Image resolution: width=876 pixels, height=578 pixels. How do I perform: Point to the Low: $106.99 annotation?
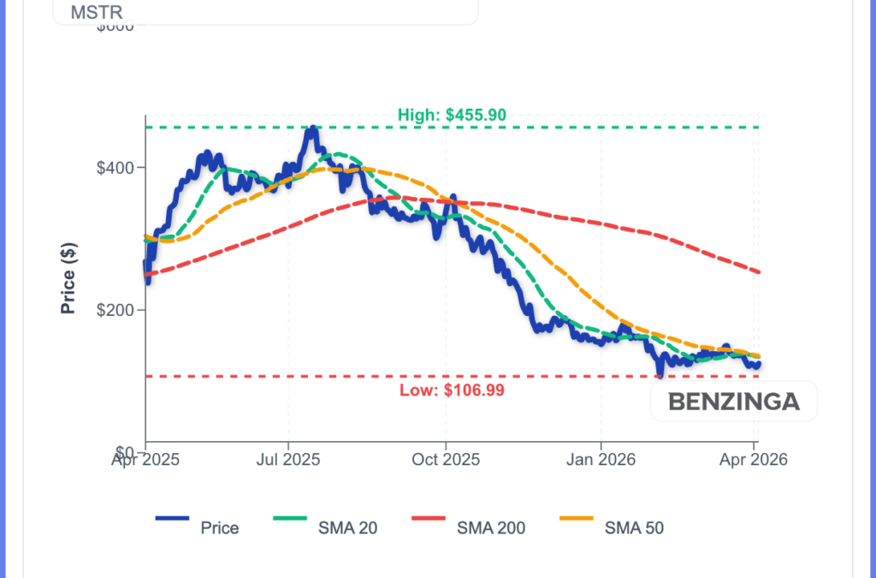(452, 390)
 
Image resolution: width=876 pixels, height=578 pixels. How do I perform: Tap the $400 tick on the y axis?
(118, 167)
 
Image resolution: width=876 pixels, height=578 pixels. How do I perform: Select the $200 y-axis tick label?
(118, 309)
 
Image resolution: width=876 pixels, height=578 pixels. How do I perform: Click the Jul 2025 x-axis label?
(287, 460)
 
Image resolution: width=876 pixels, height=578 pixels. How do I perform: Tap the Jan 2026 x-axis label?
(601, 460)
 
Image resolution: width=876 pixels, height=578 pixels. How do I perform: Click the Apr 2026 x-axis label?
(753, 460)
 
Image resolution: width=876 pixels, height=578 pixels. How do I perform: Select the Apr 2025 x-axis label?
(145, 460)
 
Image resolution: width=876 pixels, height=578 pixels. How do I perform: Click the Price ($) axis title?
(69, 279)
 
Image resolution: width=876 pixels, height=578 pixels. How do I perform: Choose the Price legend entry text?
(220, 527)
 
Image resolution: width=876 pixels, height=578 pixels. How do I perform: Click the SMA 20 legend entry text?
(348, 527)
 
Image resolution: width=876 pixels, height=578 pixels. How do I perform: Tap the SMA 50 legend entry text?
(634, 527)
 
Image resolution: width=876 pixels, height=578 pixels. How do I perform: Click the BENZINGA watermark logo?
(733, 401)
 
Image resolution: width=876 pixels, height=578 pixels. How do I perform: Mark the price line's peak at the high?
(312, 129)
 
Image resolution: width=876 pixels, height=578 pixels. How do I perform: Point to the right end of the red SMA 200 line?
(759, 272)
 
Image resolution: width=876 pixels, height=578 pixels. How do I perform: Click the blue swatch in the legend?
(172, 519)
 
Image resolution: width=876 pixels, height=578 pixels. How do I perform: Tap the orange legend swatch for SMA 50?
(576, 519)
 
